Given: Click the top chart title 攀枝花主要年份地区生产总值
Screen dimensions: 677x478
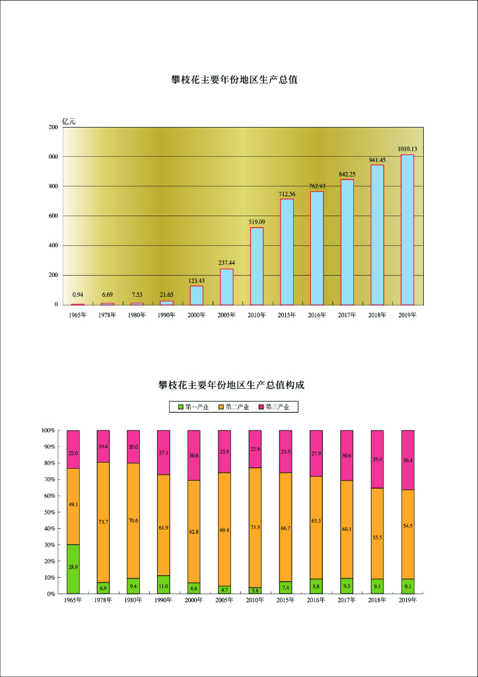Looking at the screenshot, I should click(x=234, y=79).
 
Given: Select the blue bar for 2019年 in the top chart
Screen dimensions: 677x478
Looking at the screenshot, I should click(x=407, y=229).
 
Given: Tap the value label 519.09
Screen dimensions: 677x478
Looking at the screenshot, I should click(x=257, y=222).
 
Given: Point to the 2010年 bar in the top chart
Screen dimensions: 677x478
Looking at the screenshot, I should click(x=257, y=266).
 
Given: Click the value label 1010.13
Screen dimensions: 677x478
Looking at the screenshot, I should click(x=407, y=149).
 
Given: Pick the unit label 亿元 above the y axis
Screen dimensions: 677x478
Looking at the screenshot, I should click(x=69, y=121).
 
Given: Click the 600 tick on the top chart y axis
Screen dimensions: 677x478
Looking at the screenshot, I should click(x=52, y=216).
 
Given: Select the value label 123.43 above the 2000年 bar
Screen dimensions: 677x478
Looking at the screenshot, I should click(x=197, y=280).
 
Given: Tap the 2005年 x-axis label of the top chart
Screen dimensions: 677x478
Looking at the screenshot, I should click(x=226, y=315).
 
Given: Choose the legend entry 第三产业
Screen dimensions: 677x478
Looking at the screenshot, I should click(x=277, y=407).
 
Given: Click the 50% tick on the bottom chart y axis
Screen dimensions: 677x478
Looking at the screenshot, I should click(x=50, y=512).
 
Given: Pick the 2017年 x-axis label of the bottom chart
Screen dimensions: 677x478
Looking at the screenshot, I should click(x=347, y=600).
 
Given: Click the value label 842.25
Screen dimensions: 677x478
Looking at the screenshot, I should click(x=347, y=174).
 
